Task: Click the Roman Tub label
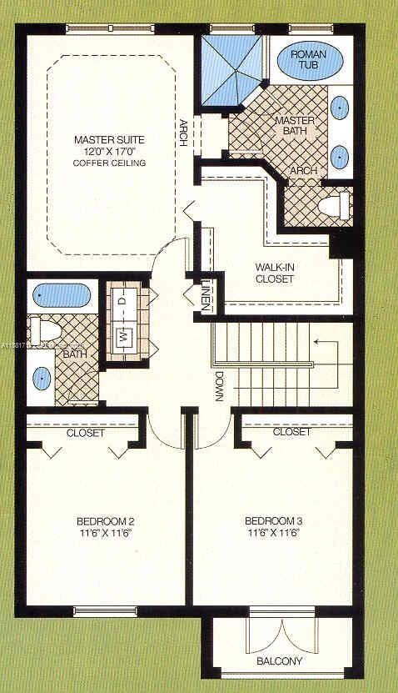[x=310, y=59]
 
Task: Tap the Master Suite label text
[x=109, y=138]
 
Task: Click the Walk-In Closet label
[x=275, y=274]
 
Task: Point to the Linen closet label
[x=205, y=298]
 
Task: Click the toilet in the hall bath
[x=41, y=329]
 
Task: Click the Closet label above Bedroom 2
[x=85, y=434]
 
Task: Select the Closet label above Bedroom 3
[x=291, y=432]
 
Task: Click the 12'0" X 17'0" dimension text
[x=110, y=151]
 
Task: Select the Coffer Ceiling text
[x=110, y=163]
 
